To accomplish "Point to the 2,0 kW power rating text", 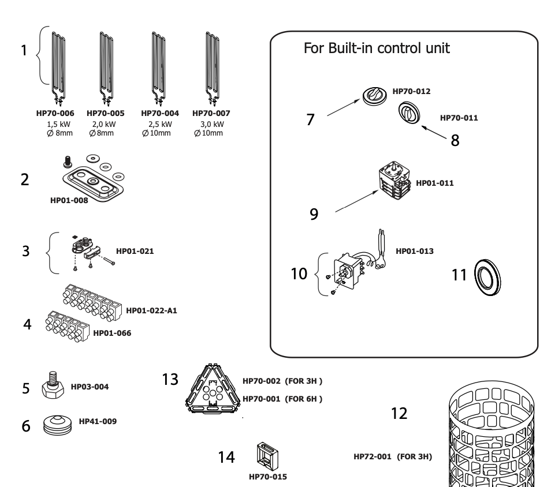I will tap(106, 123).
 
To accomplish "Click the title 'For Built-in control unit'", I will tap(381, 48).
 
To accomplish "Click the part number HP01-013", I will tap(414, 252).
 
